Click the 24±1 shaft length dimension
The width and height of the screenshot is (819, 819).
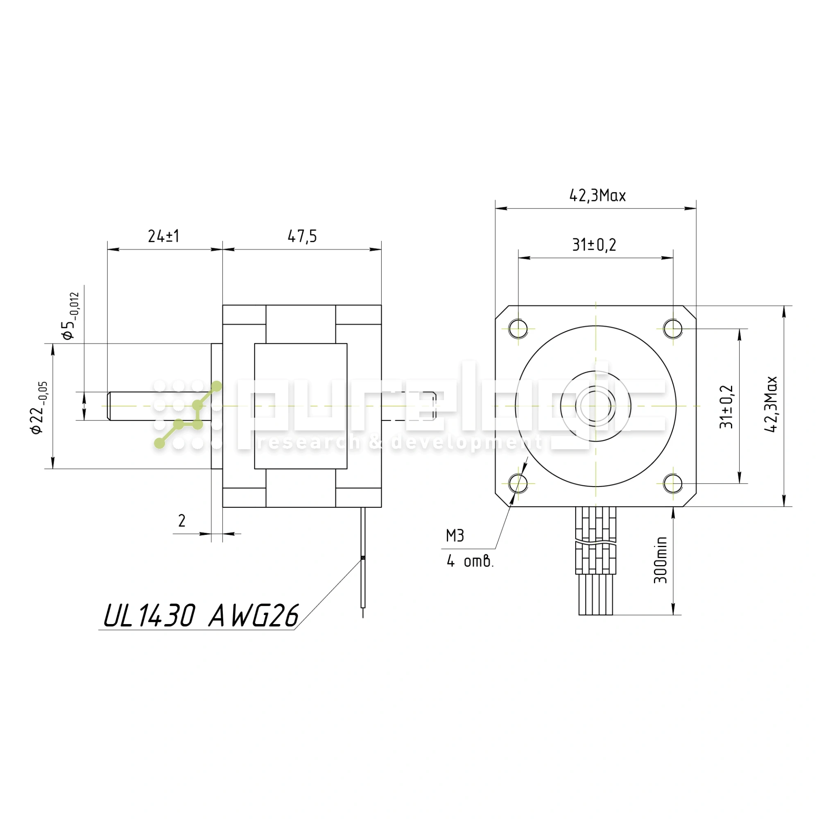[x=164, y=236]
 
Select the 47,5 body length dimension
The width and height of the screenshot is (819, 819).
[x=302, y=236]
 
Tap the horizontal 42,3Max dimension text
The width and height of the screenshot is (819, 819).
[x=597, y=195]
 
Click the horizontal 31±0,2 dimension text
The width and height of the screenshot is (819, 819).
[x=594, y=244]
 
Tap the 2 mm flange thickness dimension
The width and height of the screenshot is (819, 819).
[x=182, y=520]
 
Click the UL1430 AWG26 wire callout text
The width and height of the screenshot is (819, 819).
[x=201, y=615]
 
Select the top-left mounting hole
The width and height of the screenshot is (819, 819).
[x=518, y=328]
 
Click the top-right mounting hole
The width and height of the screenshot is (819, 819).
[x=673, y=328]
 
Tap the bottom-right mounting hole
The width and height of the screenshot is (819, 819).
[x=673, y=483]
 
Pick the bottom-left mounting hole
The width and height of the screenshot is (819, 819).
[x=518, y=483]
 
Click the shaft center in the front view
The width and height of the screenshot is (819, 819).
[x=595, y=406]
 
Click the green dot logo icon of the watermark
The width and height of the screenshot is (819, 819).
[x=188, y=415]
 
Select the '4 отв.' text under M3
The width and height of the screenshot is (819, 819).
[x=470, y=562]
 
